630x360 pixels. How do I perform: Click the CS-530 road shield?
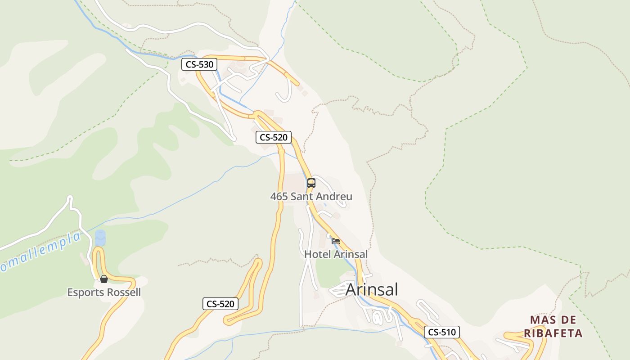(x=199, y=64)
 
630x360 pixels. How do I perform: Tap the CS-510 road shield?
(x=441, y=333)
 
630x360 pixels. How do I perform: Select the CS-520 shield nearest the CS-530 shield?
(x=274, y=137)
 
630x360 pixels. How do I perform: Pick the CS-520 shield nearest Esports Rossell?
(x=220, y=304)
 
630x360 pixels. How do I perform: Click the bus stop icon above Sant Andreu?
(x=311, y=183)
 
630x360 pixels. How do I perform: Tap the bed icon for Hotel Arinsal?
(x=336, y=241)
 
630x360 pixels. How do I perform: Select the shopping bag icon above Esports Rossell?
(x=104, y=279)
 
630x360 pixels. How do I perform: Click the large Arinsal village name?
(x=372, y=290)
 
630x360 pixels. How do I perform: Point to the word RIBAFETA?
(x=553, y=333)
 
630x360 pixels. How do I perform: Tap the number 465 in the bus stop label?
(x=279, y=197)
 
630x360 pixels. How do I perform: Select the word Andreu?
(x=335, y=197)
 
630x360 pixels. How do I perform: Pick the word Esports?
(x=84, y=292)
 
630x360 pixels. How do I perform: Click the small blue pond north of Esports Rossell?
(x=100, y=238)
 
